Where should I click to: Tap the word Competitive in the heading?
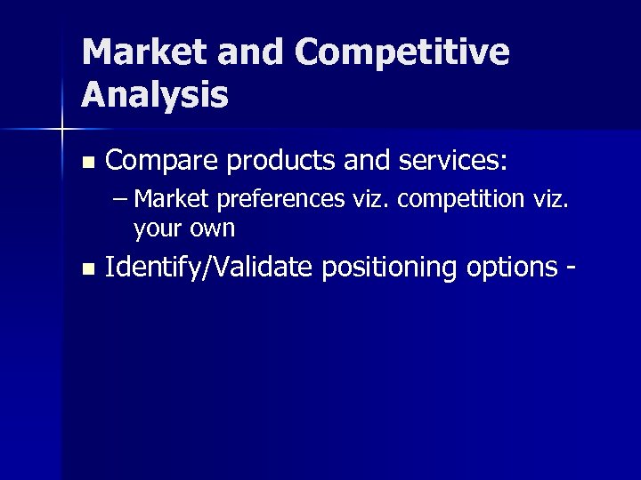pos(404,52)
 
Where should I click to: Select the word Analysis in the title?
pos(155,94)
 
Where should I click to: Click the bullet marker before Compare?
pos(86,163)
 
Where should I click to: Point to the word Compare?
pos(161,162)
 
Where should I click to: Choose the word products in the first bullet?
pos(280,162)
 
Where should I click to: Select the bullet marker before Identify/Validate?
pos(86,268)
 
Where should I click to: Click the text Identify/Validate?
pos(209,267)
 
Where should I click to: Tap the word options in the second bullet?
pos(508,267)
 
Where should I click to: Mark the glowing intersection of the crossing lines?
pos(61,130)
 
